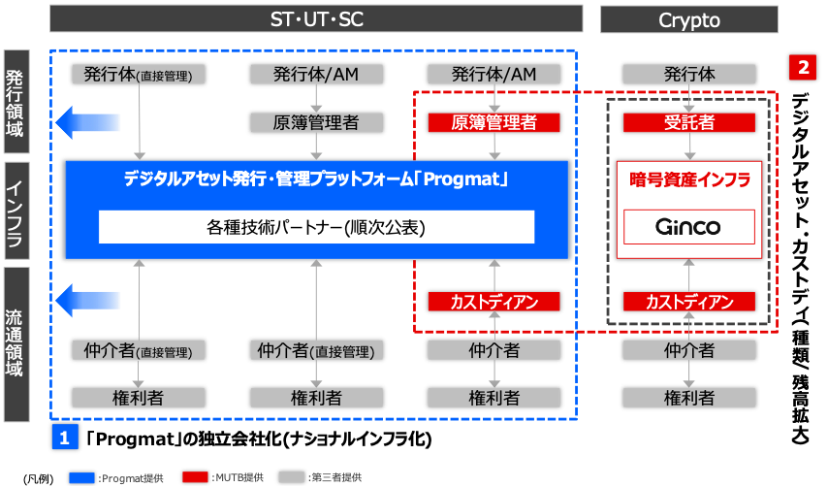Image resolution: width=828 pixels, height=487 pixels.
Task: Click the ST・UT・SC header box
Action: [316, 18]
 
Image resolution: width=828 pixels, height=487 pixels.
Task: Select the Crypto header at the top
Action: [689, 18]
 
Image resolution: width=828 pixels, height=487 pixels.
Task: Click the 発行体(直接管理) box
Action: [138, 75]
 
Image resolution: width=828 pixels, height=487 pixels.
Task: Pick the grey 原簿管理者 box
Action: [316, 122]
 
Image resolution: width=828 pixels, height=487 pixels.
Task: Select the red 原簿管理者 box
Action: [494, 122]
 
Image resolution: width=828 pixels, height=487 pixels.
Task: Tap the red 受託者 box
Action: [689, 122]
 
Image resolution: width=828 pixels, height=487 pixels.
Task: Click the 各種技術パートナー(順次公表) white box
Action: [316, 227]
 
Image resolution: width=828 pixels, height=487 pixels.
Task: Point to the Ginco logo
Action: [688, 227]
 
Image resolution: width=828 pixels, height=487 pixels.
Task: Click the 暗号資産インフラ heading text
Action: [688, 180]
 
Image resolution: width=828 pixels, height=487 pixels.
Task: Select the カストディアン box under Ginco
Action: [689, 302]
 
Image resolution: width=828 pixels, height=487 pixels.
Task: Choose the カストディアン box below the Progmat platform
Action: [494, 302]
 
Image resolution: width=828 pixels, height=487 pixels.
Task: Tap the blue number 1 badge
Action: [64, 438]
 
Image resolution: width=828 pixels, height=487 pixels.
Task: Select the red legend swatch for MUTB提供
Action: [196, 477]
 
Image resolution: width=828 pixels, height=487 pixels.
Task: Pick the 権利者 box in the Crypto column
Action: [689, 397]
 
